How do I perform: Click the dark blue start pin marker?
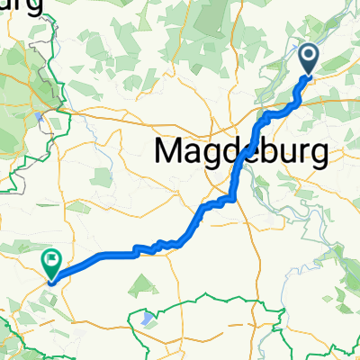[x=308, y=59]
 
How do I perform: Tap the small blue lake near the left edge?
[x=40, y=116]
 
